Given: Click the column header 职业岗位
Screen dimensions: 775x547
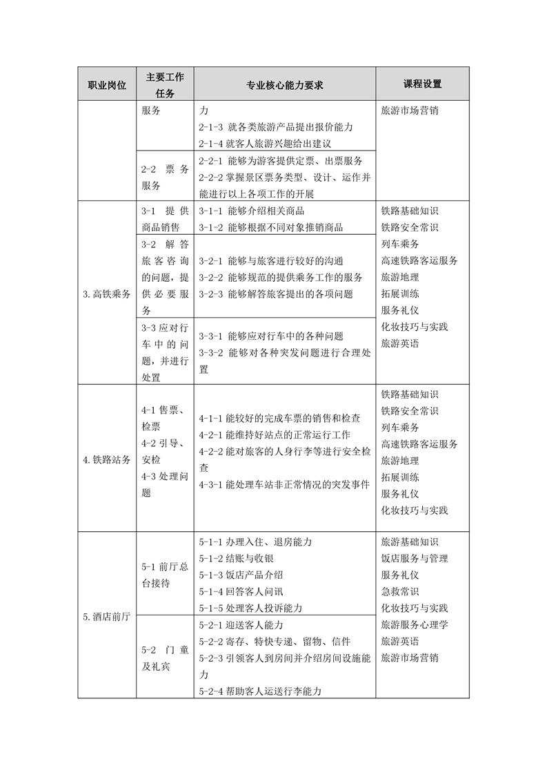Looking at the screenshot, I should coord(107,84).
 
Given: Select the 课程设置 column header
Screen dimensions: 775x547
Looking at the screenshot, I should coord(422,84).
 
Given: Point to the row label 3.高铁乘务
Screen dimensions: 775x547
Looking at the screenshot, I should coord(107,294).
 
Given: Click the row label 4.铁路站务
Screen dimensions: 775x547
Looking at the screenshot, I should coord(107,459).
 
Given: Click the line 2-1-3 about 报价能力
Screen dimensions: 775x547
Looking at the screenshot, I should coord(275,127).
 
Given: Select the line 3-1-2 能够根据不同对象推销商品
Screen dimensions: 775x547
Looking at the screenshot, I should coord(270,227).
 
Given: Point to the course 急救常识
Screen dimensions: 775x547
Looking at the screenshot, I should coord(400,591).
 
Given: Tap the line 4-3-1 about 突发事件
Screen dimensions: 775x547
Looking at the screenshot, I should coord(284,484).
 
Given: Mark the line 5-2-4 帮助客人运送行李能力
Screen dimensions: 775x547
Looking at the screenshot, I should coord(260,690).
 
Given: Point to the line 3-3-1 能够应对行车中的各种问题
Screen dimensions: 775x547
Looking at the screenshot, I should coord(270,336).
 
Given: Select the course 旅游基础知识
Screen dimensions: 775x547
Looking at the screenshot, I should coord(410,542).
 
